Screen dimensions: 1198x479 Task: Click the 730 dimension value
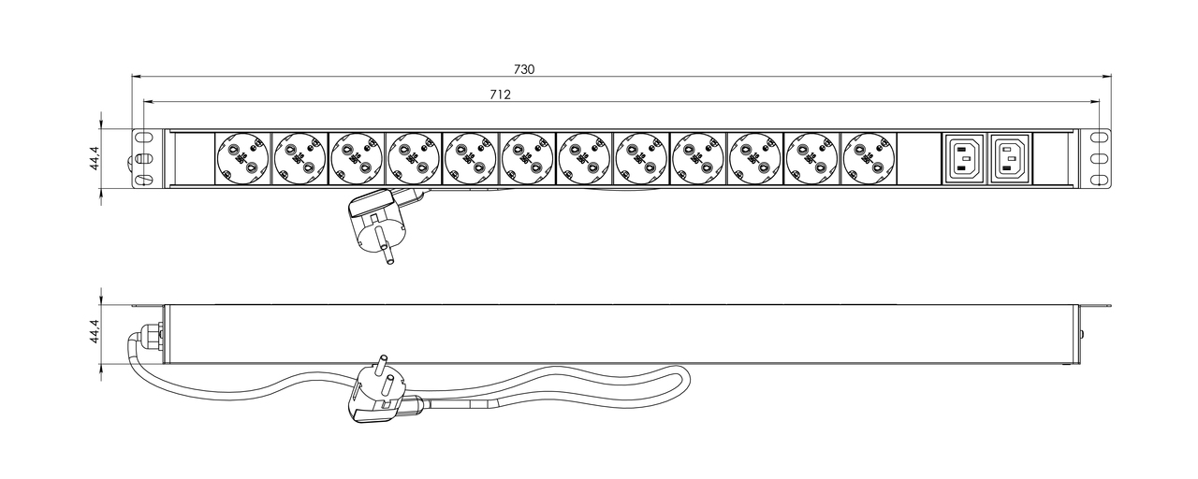click(524, 69)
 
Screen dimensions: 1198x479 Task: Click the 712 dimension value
click(500, 94)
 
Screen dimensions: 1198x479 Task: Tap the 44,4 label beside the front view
click(95, 158)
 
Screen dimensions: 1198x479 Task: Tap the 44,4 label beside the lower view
click(95, 331)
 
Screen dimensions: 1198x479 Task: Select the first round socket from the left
click(242, 159)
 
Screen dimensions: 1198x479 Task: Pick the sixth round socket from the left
click(527, 159)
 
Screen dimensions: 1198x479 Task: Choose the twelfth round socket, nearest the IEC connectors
click(869, 159)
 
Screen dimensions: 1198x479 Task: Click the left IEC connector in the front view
click(964, 159)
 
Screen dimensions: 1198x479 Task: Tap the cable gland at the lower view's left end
click(152, 336)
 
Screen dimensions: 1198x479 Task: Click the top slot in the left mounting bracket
click(143, 138)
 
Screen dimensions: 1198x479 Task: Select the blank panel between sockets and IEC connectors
click(919, 159)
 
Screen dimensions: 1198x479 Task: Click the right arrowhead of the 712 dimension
click(1095, 101)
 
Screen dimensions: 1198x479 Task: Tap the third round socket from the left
click(357, 159)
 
